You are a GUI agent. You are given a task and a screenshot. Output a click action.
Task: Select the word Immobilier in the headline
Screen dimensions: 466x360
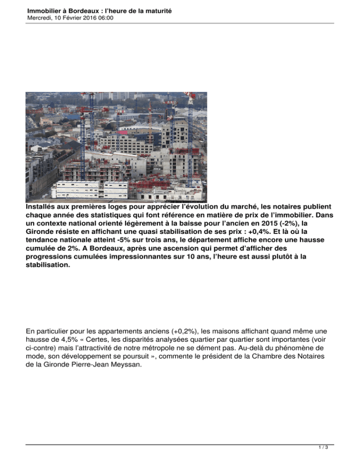45,10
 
